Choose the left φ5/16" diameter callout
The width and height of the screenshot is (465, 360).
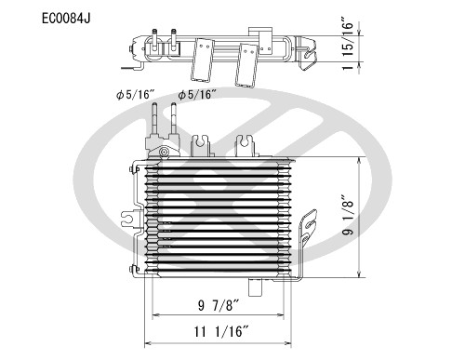[x=136, y=94]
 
